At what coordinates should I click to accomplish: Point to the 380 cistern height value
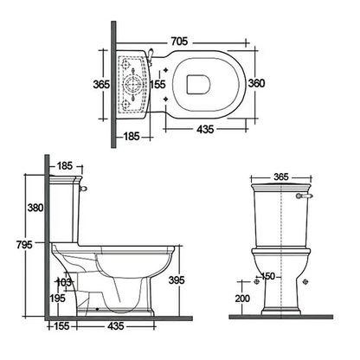35,208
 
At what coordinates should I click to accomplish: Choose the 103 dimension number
63,282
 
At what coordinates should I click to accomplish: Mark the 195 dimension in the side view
58,299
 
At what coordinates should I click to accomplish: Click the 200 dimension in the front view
242,299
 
